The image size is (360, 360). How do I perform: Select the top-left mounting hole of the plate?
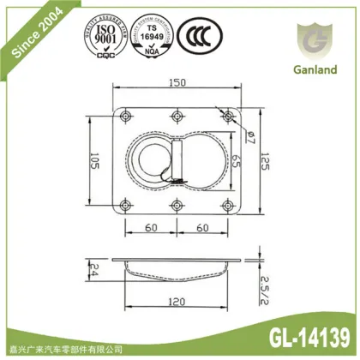(127, 115)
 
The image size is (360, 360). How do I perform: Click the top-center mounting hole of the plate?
(177, 115)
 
